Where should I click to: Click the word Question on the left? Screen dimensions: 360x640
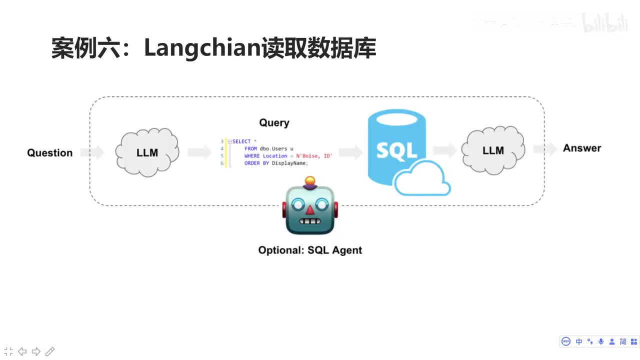point(49,153)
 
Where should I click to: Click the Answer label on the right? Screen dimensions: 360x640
point(582,148)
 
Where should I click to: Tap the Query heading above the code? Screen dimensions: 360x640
point(274,122)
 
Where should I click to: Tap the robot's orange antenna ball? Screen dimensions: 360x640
point(310,179)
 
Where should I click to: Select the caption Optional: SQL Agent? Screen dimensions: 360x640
point(310,250)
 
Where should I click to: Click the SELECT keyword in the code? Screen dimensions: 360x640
point(241,141)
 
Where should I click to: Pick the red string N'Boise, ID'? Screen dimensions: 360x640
point(314,156)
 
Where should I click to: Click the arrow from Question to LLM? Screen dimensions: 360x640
point(92,152)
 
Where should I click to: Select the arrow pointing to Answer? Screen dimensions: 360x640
point(545,148)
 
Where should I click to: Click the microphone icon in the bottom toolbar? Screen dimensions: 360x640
point(601,341)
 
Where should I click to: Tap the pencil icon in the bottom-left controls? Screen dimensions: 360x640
point(49,351)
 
